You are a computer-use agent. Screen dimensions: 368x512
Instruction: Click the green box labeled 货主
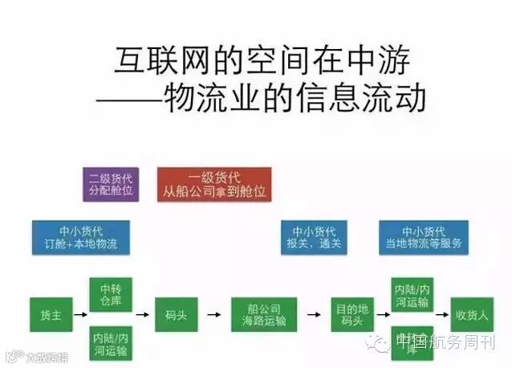point(51,314)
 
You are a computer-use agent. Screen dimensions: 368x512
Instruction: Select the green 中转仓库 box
point(109,295)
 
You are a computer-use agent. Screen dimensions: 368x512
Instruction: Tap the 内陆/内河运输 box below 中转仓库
point(109,341)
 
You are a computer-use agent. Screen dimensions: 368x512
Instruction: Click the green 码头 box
point(177,314)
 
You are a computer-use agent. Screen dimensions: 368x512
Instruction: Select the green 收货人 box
point(472,314)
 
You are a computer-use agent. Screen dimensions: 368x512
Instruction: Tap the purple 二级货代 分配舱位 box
point(111,185)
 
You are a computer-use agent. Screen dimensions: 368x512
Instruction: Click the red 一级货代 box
point(213,185)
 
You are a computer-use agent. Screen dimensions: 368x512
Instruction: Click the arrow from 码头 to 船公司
point(214,314)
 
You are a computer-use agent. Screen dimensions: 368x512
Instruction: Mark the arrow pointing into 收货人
point(441,314)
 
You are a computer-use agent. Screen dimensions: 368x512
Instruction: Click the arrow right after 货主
point(78,314)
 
